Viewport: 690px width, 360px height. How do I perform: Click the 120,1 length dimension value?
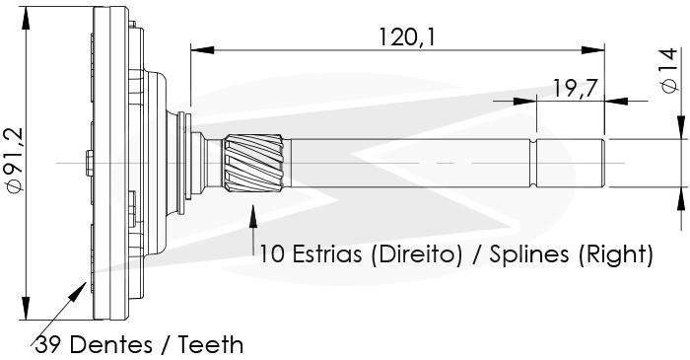pos(406,36)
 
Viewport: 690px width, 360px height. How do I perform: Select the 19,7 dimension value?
pos(576,89)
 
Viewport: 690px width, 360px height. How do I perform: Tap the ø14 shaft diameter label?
pos(669,70)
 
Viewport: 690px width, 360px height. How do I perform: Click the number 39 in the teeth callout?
pos(49,344)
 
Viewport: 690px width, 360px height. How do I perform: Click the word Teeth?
pos(210,344)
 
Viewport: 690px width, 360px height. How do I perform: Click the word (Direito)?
pos(416,254)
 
